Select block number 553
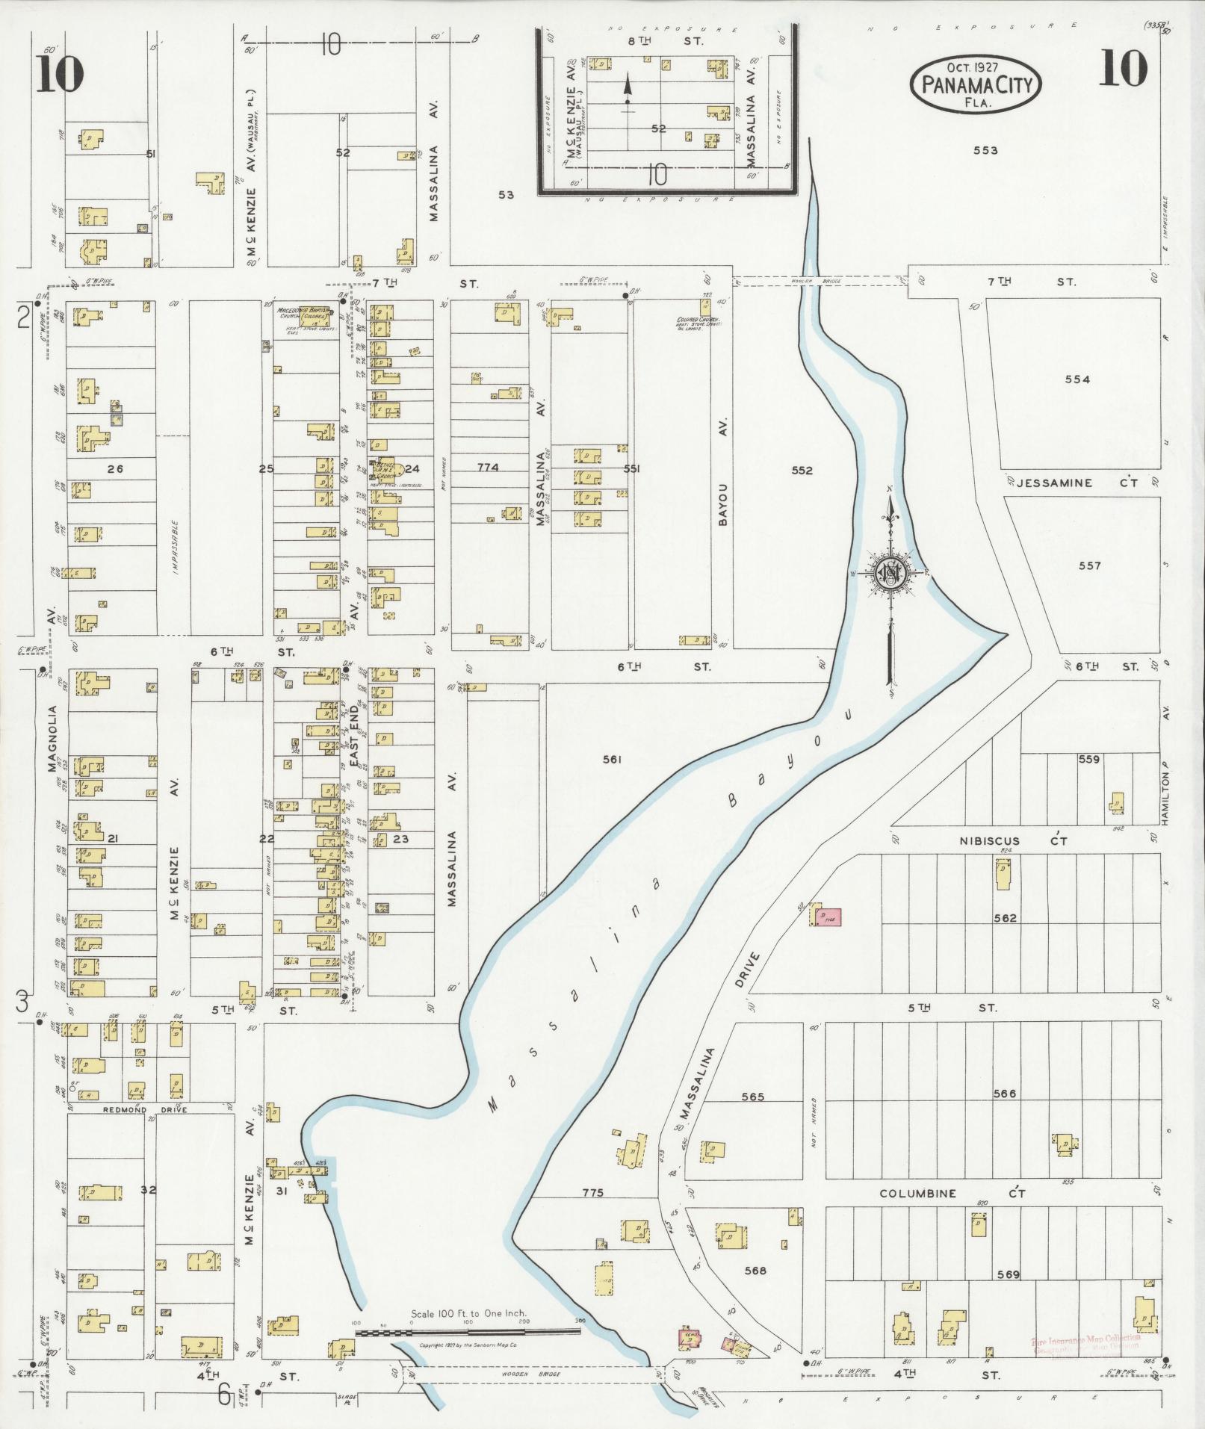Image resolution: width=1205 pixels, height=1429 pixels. (x=985, y=150)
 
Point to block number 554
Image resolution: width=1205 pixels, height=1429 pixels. (x=1077, y=379)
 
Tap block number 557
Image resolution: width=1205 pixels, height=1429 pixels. (x=1089, y=565)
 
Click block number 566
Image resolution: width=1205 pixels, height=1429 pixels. (x=1005, y=1094)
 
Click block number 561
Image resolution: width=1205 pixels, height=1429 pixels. (x=612, y=760)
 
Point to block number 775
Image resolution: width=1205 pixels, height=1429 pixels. (x=592, y=1193)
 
